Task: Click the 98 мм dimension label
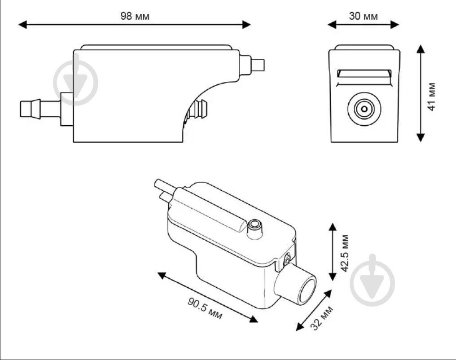135,16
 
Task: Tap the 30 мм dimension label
363,16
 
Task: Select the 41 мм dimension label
432,97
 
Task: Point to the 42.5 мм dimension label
345,253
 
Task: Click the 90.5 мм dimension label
205,308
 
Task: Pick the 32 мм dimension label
322,318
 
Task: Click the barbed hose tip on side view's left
30,109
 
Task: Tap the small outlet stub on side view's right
258,65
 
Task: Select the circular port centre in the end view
364,109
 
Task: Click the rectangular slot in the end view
364,74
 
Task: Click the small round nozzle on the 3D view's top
255,228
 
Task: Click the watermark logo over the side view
75,83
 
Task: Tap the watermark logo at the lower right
373,280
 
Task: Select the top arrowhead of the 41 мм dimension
421,49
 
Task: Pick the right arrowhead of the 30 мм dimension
395,24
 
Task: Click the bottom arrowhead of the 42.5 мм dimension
333,277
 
